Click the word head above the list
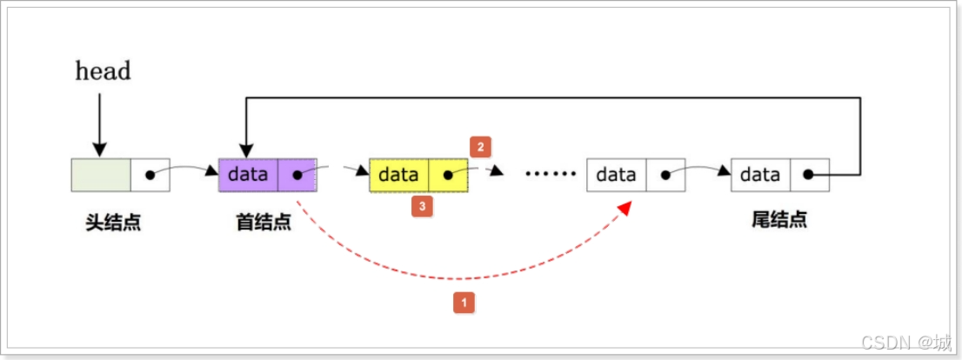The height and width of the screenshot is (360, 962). (103, 70)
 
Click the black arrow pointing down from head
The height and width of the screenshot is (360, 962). (100, 122)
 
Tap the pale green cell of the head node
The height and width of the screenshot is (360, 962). (101, 174)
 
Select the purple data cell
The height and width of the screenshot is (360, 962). (248, 174)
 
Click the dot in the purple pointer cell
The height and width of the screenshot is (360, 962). (297, 175)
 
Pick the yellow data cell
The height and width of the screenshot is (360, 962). (398, 175)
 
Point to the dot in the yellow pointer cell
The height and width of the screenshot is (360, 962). (448, 175)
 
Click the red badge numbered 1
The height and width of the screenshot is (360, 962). (464, 303)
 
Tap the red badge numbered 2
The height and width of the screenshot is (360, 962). (479, 147)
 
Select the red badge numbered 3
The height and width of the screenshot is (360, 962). (422, 207)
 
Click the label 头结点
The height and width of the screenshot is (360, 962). (113, 221)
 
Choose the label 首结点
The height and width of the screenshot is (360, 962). (263, 221)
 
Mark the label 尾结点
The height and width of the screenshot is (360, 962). (778, 220)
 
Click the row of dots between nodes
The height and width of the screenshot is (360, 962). (551, 175)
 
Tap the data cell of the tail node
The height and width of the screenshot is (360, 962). (760, 175)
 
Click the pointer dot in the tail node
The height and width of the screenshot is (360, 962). (808, 175)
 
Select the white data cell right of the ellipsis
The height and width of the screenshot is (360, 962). (616, 175)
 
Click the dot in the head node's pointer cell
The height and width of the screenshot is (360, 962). (150, 175)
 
